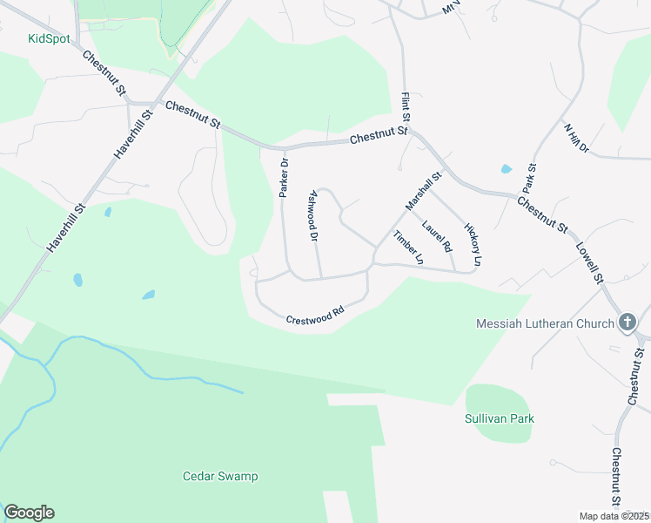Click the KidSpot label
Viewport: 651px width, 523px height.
[49, 38]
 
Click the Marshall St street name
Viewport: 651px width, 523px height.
[424, 190]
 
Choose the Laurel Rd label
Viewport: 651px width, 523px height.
[436, 236]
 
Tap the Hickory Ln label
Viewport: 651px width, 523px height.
[473, 243]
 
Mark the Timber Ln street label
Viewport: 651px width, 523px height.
[407, 248]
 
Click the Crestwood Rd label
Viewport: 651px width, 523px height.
[315, 315]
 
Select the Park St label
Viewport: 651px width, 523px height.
[529, 178]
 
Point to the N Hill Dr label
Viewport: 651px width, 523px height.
[576, 139]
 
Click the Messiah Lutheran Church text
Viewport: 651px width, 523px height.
[546, 324]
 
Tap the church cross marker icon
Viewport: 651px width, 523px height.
[627, 323]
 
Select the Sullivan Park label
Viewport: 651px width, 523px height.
[499, 418]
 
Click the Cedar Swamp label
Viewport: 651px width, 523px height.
[220, 476]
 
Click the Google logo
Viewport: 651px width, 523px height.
[29, 513]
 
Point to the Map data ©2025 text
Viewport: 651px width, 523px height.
[614, 516]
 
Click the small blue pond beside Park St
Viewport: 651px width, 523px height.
[507, 169]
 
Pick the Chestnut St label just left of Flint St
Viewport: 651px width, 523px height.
[379, 137]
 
